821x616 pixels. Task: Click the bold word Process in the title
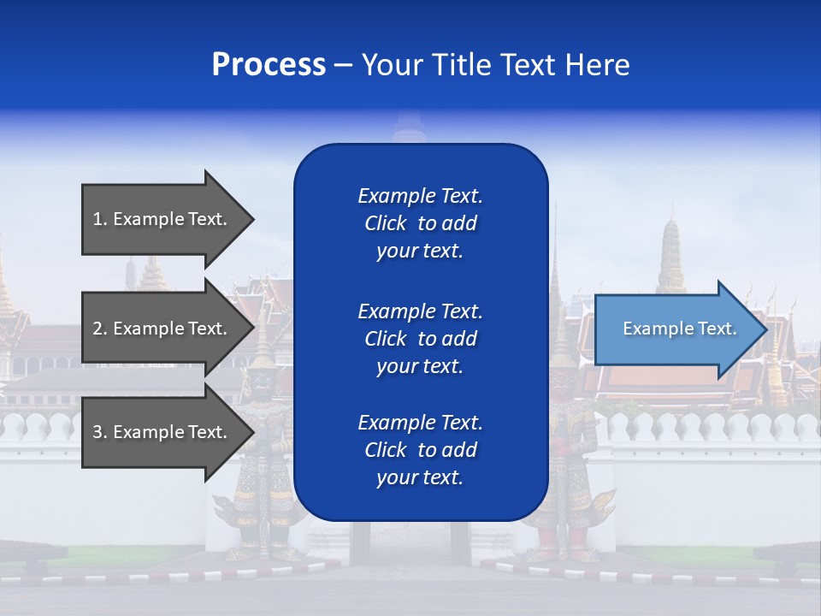point(269,65)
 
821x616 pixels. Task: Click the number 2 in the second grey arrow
point(97,329)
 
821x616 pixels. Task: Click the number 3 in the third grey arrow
point(97,432)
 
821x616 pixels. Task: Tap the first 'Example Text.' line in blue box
point(420,196)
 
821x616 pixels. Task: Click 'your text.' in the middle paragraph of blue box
point(420,366)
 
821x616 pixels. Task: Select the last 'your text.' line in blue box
point(420,477)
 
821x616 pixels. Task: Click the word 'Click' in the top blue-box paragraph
point(385,223)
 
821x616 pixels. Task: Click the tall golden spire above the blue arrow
point(672,248)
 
